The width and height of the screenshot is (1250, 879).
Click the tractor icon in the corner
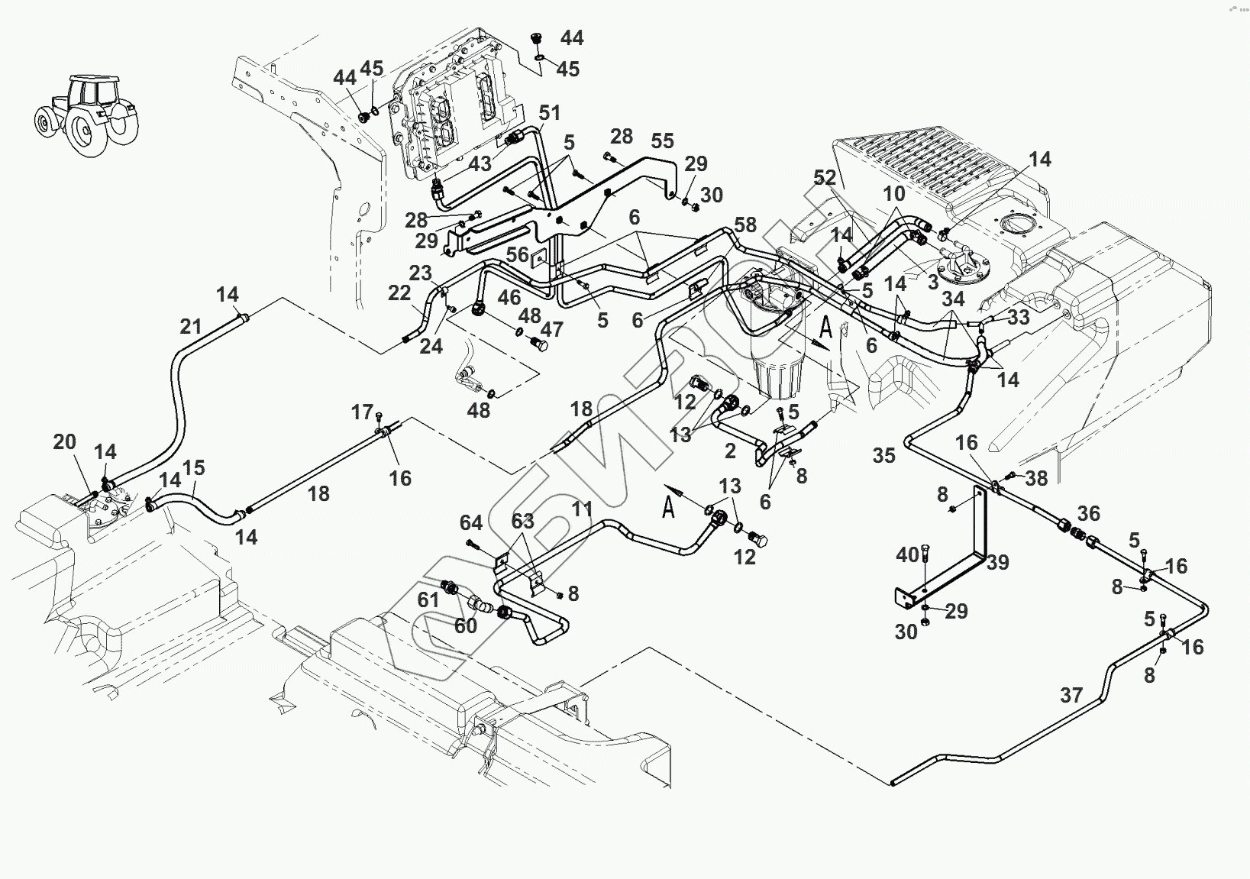(86, 115)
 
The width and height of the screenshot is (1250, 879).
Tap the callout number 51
(550, 113)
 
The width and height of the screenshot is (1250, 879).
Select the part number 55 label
(663, 141)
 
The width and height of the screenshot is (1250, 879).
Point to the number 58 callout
(745, 225)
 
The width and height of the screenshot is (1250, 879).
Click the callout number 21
(190, 327)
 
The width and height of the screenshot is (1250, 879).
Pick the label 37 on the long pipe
(1072, 695)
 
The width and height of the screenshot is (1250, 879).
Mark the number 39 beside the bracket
(997, 562)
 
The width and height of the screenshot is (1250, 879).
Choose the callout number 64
(470, 522)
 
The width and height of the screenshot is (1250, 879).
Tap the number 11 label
(582, 509)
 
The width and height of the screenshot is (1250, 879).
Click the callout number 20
(65, 441)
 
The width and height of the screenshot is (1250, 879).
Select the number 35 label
(883, 456)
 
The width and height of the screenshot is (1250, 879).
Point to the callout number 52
(825, 177)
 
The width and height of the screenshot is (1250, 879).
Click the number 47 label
(551, 329)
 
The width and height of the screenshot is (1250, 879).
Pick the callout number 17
(361, 412)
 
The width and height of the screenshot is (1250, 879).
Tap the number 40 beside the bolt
(907, 555)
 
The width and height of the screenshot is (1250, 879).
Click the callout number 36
(1088, 512)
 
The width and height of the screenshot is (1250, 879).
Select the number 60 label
(466, 626)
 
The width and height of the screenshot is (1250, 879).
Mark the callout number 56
(517, 254)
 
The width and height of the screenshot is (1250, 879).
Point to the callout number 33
(1019, 316)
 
